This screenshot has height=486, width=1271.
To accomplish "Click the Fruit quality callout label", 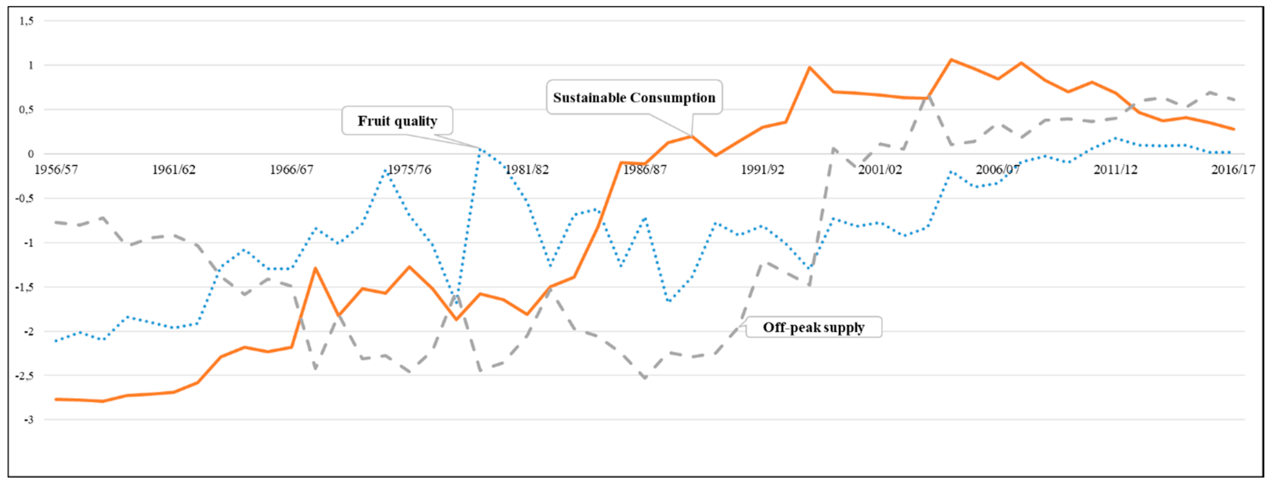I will point(397,121).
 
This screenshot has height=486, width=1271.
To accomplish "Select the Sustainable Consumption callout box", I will point(634,98).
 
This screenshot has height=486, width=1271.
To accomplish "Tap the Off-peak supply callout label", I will point(814,327).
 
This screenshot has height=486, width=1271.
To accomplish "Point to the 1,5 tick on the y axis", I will point(27,21).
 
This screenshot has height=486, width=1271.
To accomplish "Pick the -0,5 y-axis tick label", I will point(25,198).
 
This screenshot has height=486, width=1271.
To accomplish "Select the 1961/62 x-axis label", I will point(174,169).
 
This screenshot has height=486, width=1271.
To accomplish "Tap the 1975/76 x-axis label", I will point(409,169).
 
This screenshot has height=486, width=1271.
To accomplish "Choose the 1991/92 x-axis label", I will point(762,169).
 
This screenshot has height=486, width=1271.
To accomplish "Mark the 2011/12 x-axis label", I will point(1115,169).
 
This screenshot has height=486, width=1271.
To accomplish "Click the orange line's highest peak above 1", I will point(951,60).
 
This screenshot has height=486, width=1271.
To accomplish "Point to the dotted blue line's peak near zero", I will point(480,148).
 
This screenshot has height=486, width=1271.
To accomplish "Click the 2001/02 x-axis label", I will point(880,169).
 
